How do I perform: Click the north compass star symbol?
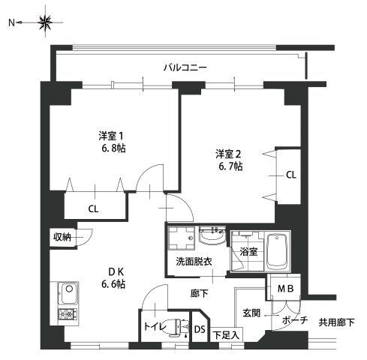click(44, 23)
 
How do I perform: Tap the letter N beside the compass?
click(12, 23)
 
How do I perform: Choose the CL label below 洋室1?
click(93, 208)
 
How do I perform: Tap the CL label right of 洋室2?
click(290, 175)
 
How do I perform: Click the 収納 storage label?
click(62, 237)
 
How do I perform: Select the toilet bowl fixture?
click(178, 326)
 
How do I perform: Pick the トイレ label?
click(152, 328)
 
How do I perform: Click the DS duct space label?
click(199, 328)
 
